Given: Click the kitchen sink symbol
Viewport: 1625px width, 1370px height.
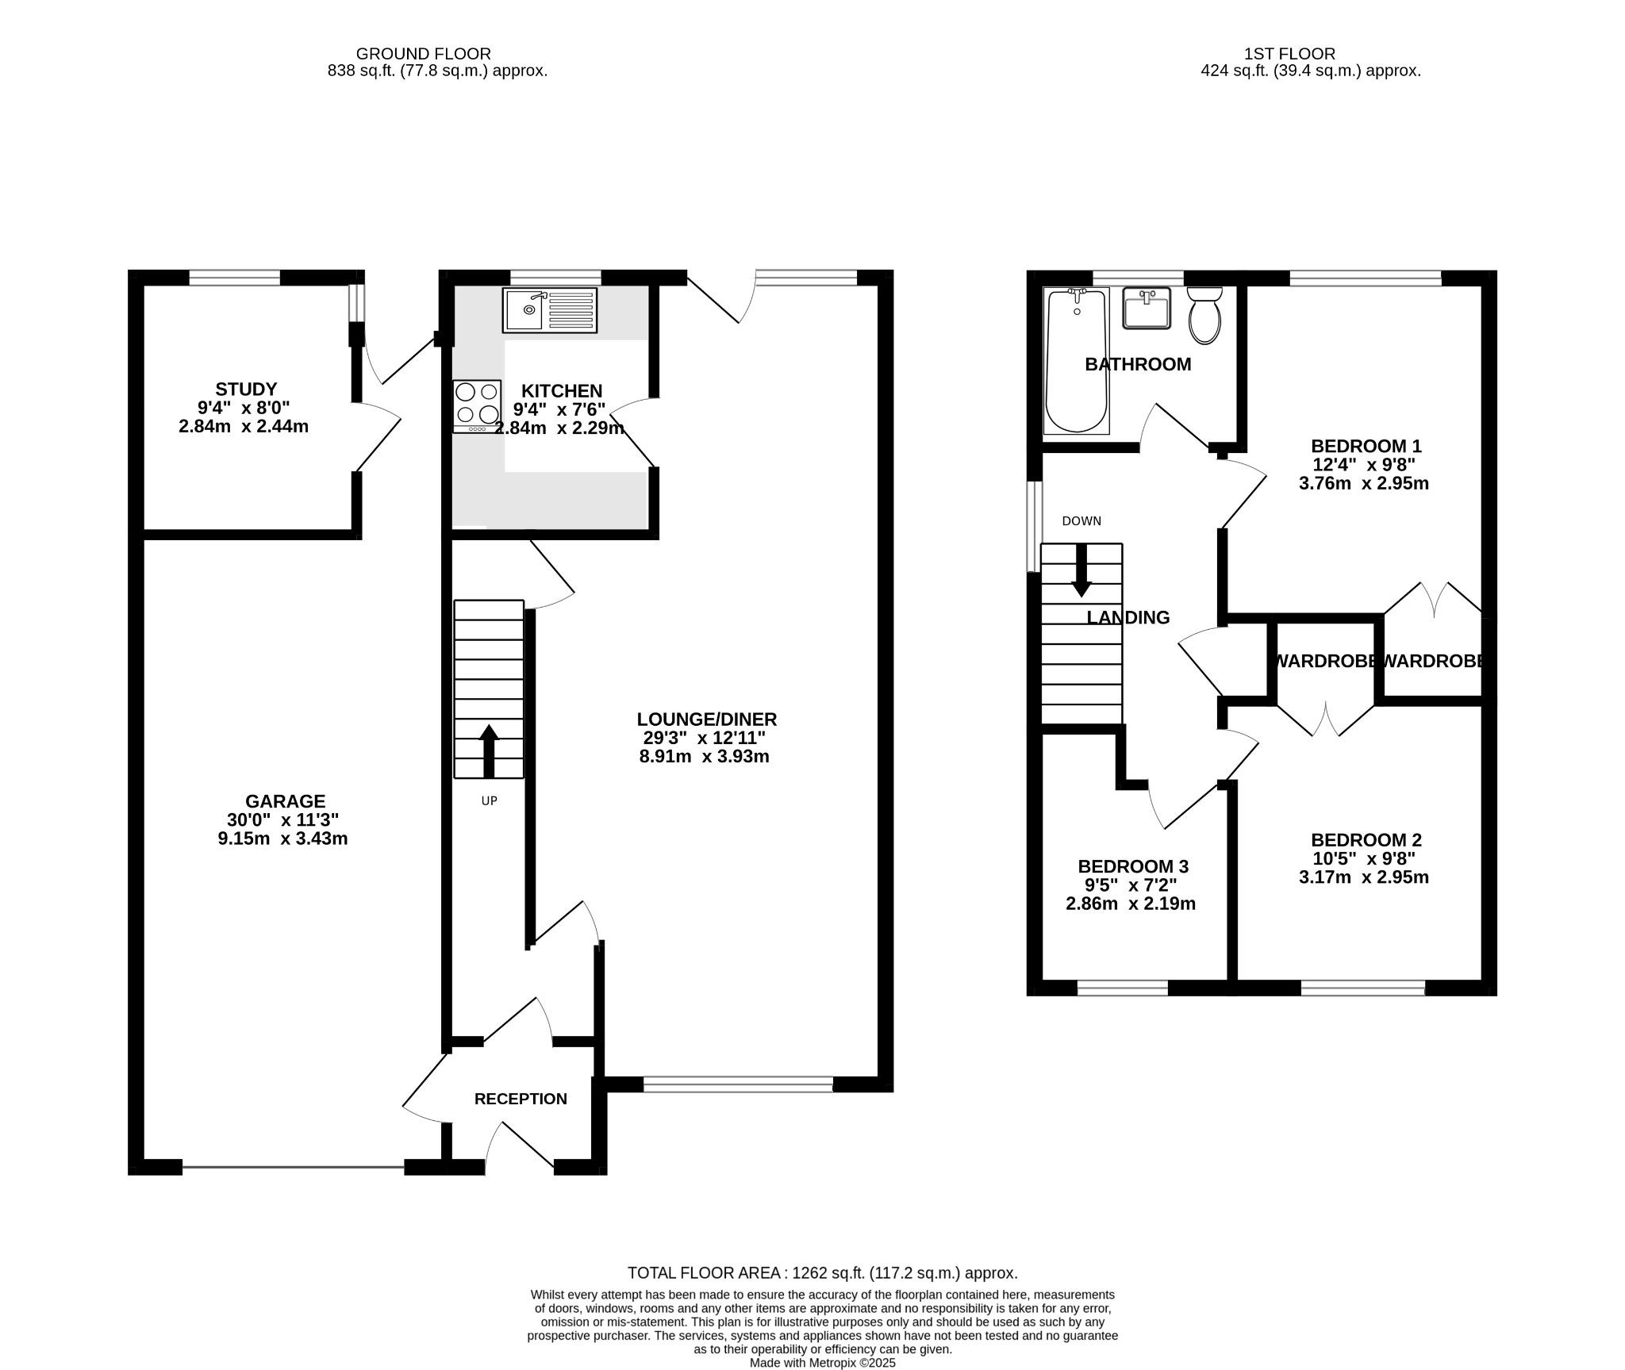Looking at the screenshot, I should pyautogui.click(x=549, y=310).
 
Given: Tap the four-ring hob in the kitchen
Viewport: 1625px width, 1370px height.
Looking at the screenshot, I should pyautogui.click(x=477, y=405).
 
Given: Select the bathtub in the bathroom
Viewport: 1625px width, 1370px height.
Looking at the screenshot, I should pyautogui.click(x=1076, y=361).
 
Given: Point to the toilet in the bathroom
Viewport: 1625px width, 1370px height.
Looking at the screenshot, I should pyautogui.click(x=1204, y=316).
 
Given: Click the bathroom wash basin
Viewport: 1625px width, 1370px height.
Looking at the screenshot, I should pyautogui.click(x=1147, y=308).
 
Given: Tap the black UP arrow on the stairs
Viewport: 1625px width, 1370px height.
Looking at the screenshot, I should pyautogui.click(x=489, y=750).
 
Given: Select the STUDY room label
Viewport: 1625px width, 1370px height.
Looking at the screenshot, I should pyautogui.click(x=246, y=390).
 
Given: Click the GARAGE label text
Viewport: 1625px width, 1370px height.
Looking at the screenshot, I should pyautogui.click(x=285, y=801).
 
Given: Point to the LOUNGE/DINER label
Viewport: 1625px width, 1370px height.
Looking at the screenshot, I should pyautogui.click(x=706, y=720).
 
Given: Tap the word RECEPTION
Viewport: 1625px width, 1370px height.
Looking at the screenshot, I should pyautogui.click(x=521, y=1099).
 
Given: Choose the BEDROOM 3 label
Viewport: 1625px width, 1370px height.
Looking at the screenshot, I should pyautogui.click(x=1132, y=866).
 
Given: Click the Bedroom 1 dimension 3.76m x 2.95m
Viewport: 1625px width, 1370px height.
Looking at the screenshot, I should pyautogui.click(x=1363, y=483).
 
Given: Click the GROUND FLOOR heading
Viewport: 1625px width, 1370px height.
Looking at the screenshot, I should pyautogui.click(x=423, y=54).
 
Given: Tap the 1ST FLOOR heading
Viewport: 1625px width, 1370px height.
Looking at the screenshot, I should pyautogui.click(x=1289, y=54).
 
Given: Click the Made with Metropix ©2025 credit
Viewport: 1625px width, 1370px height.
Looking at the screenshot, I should pyautogui.click(x=822, y=1363).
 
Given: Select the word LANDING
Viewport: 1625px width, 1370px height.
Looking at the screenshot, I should pyautogui.click(x=1128, y=617).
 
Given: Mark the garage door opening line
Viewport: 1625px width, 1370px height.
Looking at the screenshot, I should pyautogui.click(x=294, y=1167).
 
